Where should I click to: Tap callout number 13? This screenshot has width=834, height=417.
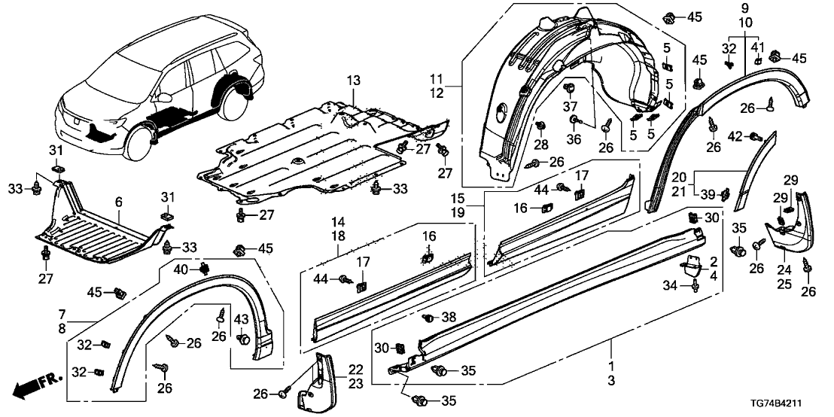pyautogui.click(x=354, y=81)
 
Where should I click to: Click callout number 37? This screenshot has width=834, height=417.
pyautogui.click(x=570, y=105)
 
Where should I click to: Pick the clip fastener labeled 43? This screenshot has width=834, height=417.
pyautogui.click(x=243, y=340)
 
